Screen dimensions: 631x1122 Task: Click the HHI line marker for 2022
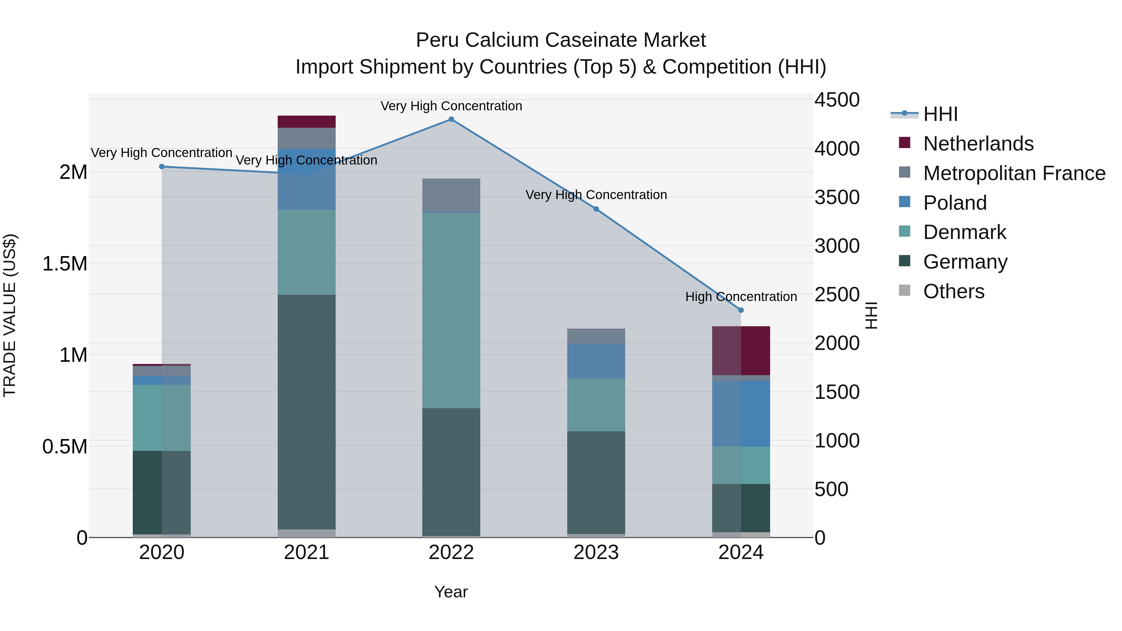pos(451,119)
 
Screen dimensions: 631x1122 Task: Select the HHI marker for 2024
pos(741,310)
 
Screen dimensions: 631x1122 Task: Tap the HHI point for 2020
pos(161,166)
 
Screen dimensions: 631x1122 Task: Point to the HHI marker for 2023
pos(596,209)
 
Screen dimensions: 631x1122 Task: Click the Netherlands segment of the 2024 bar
pos(741,351)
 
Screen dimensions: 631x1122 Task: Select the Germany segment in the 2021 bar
pos(307,412)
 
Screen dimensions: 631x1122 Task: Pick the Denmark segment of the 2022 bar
pos(451,310)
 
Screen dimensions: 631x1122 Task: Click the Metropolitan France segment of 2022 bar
pos(451,195)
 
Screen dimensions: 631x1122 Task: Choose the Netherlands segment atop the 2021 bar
pos(307,122)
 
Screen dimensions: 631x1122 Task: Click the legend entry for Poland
pos(955,203)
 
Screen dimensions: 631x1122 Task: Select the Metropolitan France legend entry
pos(1014,173)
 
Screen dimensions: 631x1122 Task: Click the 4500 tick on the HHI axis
pos(837,100)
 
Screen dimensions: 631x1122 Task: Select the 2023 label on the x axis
pos(596,552)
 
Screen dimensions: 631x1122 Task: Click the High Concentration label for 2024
pos(741,297)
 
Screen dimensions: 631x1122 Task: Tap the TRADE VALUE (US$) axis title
pos(10,315)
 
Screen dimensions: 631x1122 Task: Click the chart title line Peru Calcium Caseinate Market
pos(561,40)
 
